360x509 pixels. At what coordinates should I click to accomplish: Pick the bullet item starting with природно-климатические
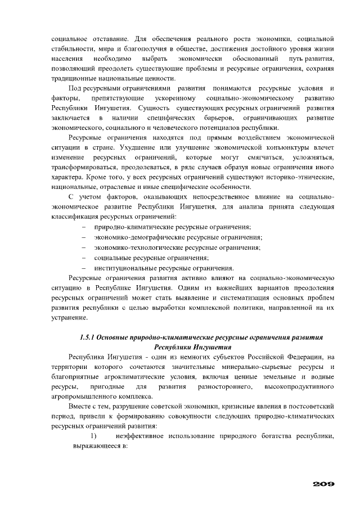point(172,227)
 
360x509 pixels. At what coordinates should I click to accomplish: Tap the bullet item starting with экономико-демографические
point(178,237)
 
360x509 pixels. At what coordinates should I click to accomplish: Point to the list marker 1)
point(94,436)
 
